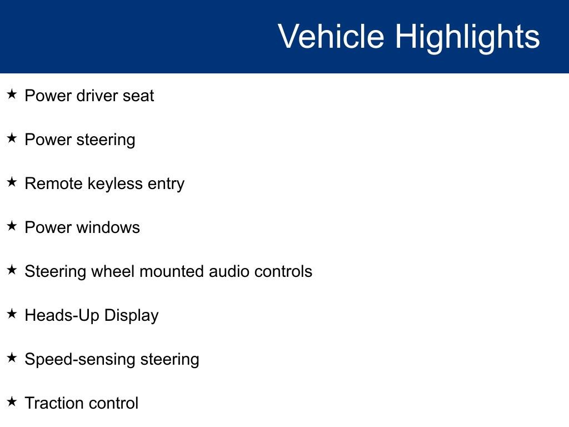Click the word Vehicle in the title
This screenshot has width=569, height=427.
331,36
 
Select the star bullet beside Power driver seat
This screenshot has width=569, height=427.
12,94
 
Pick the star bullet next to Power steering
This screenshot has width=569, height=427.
12,138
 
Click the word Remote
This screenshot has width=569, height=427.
53,183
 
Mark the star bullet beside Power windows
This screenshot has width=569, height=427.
12,226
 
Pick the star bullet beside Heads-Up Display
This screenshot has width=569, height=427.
12,314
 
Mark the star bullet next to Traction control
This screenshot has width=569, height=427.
12,401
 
